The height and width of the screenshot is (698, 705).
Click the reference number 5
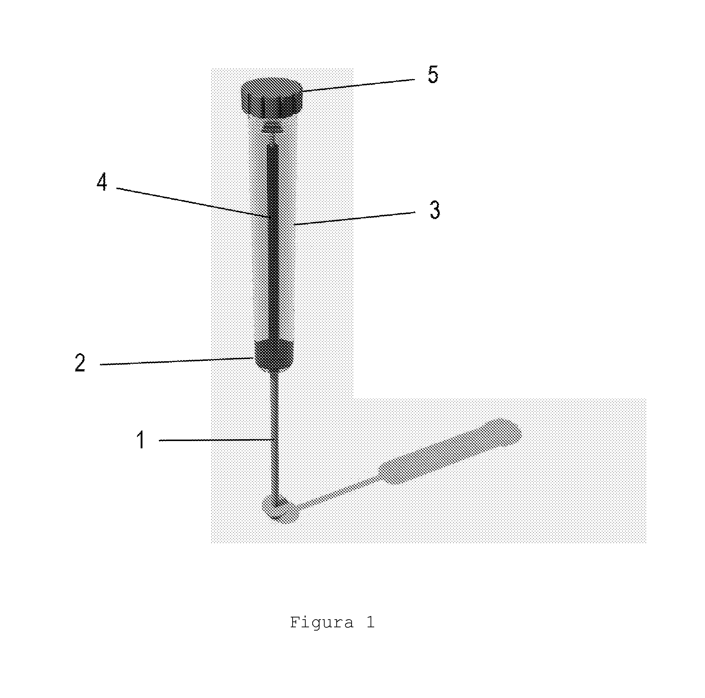(x=433, y=75)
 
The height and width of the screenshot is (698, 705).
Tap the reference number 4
(x=102, y=182)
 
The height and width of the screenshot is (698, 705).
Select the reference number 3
(x=435, y=210)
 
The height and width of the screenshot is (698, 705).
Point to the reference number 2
(x=80, y=363)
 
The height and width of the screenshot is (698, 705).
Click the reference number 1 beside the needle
(x=141, y=439)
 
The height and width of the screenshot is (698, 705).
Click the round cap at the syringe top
(x=272, y=97)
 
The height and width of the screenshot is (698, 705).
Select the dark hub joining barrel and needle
(x=274, y=356)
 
